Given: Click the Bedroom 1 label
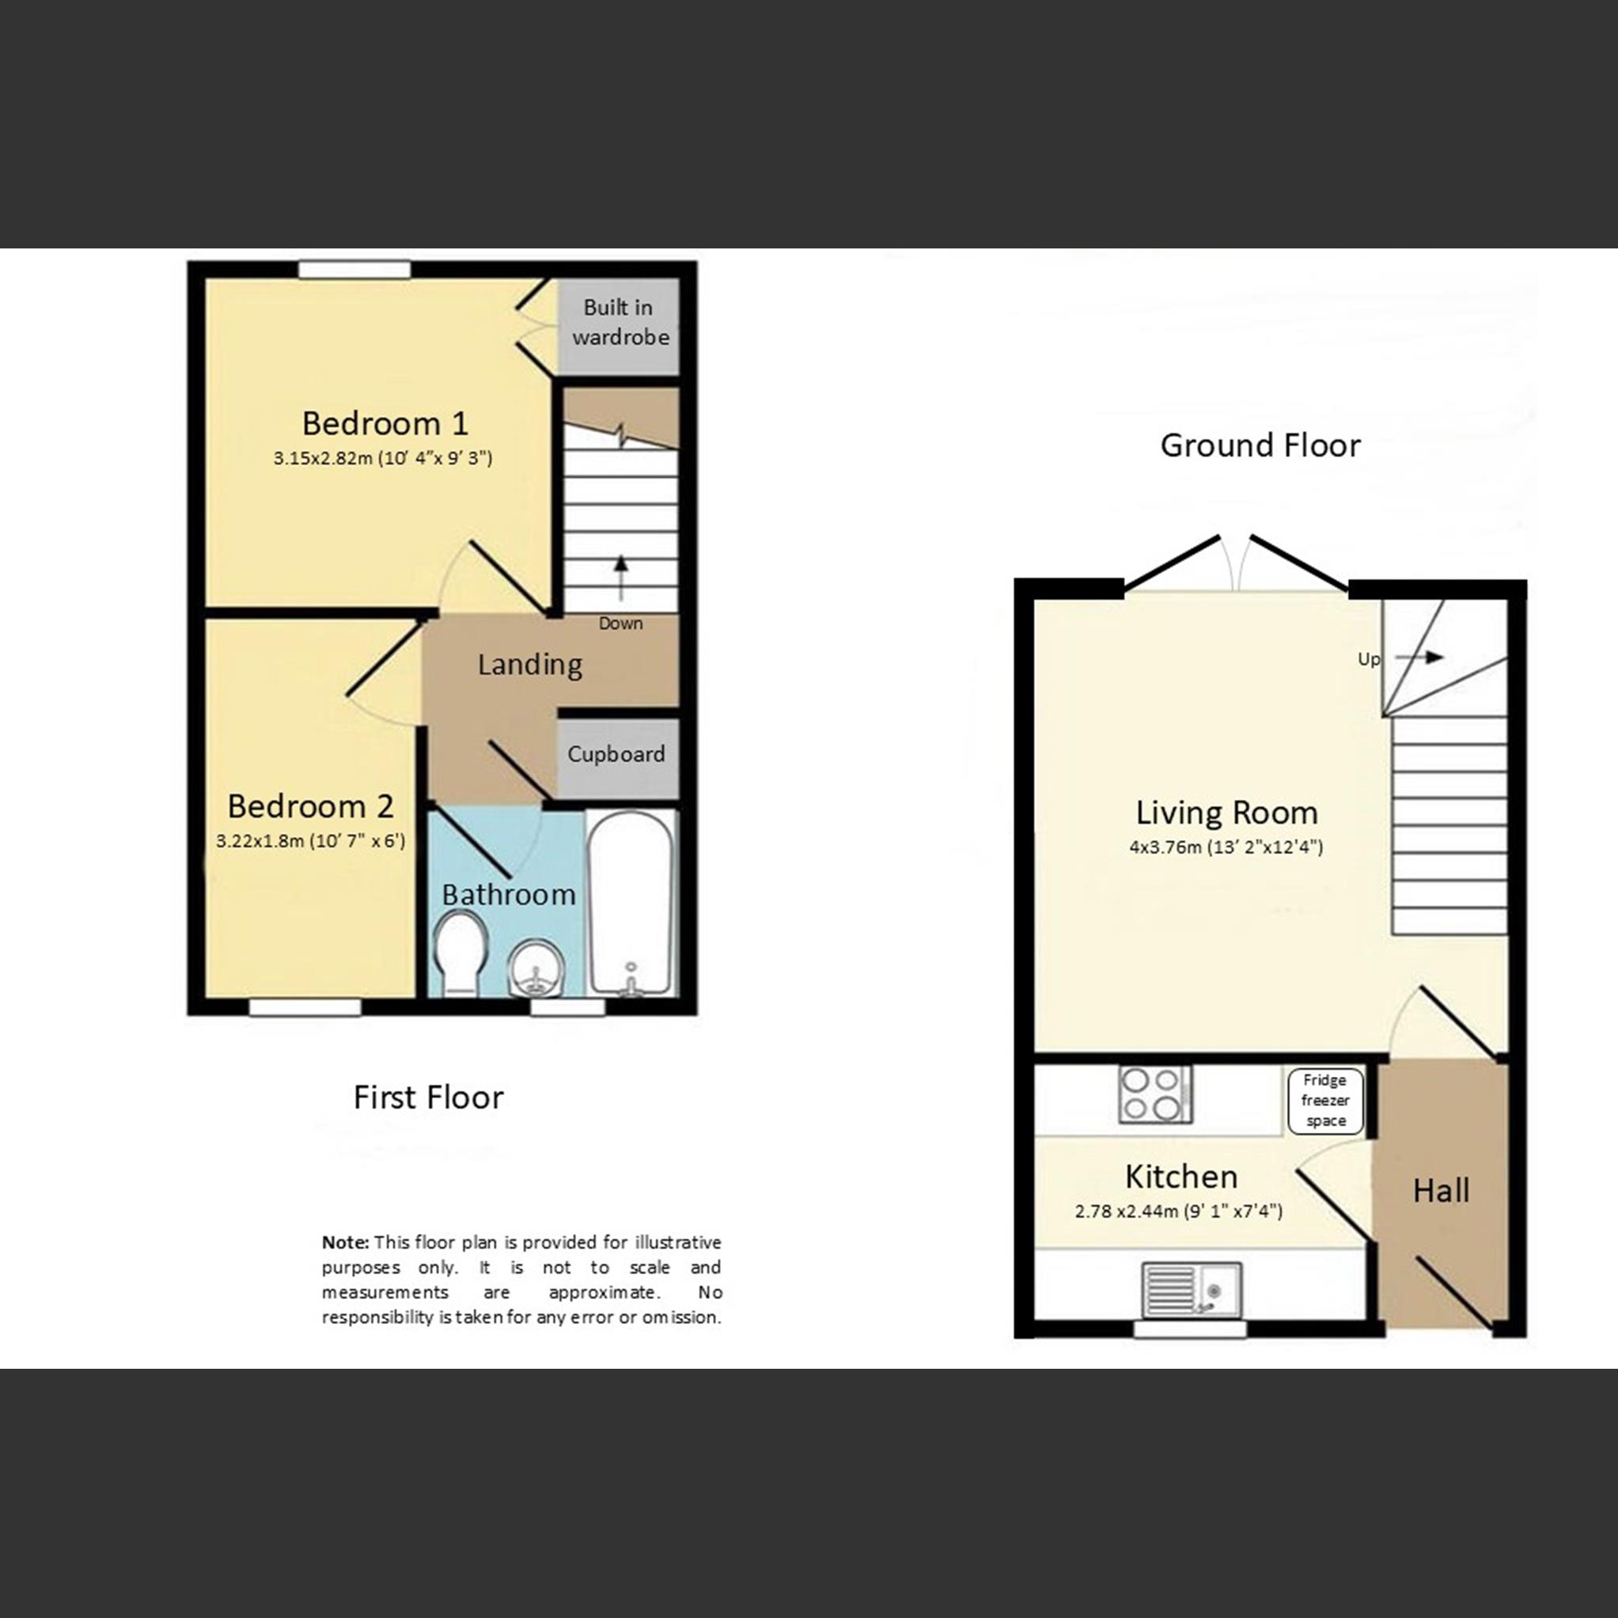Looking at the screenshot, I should coord(385,423).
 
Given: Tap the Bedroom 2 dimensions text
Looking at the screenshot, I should coord(311,841).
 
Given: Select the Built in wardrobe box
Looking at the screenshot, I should coord(619,325).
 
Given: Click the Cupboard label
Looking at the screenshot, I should coord(616,754).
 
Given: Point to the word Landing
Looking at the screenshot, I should coord(529,665).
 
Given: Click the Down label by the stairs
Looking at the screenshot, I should coord(620,623).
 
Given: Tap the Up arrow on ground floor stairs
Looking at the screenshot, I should coord(1420,657).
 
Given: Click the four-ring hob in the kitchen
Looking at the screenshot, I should coord(1155,1094).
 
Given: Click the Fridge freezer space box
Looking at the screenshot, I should coord(1325,1101).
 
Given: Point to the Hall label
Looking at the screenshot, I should coord(1441,1190).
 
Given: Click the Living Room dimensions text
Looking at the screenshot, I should coord(1226,847).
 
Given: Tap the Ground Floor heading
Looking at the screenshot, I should coord(1260,445).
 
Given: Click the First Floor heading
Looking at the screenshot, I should coord(428,1097).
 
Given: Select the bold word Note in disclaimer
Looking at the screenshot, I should coord(344,1242).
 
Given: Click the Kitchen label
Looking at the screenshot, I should coord(1180,1177).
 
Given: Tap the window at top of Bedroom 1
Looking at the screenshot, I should coord(355,270).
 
